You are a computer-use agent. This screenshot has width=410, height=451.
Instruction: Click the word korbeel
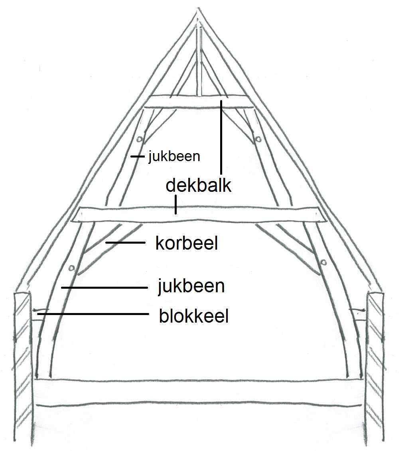pos(186,244)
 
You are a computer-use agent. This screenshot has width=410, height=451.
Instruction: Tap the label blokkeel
pos(193,317)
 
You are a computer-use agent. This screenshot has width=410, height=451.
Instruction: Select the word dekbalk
pos(198,185)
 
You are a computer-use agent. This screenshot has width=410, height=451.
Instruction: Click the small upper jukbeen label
pos(173,157)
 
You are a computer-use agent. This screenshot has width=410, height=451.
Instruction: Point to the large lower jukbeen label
pos(191,286)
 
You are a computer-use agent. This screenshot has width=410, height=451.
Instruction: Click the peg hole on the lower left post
pos(72,268)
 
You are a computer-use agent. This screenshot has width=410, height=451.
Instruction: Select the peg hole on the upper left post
pos(139,140)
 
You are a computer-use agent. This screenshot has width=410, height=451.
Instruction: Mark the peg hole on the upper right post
pos(259,139)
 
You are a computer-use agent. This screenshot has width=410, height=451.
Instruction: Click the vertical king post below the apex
pos(200,60)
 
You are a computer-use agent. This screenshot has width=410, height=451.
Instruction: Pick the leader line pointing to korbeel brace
pos(125,242)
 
